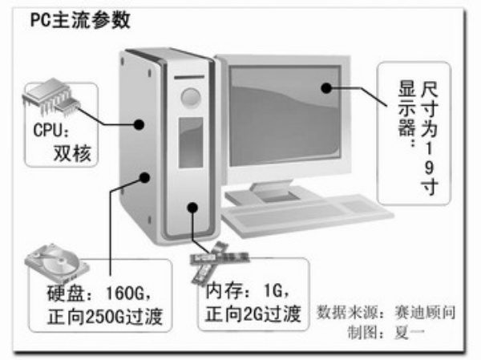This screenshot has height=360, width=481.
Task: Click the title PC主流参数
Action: [79, 20]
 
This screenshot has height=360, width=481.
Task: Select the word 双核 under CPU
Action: [71, 152]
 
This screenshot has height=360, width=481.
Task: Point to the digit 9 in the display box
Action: [432, 169]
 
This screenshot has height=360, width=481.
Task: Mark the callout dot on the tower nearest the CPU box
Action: [139, 123]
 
